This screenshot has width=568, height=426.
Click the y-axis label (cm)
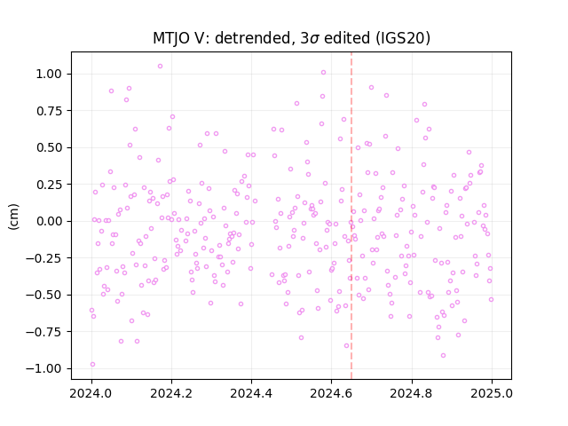coord(13,217)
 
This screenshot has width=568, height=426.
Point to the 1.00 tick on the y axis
coord(49,74)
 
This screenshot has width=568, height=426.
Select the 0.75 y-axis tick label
coord(49,111)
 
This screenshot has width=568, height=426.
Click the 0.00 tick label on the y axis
coord(49,221)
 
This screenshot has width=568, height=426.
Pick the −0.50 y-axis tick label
coord(43,295)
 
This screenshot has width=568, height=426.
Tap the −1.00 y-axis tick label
coord(43,368)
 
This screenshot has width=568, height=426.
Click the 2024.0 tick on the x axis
coord(91,393)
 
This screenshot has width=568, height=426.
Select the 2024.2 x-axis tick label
coord(171,393)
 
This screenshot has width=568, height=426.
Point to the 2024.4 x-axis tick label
coord(251,393)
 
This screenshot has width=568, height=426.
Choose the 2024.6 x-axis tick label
coord(331,393)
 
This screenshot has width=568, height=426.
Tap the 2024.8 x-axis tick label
coord(411,393)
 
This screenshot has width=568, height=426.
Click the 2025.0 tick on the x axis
coord(492,393)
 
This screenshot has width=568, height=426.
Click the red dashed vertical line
coord(351,216)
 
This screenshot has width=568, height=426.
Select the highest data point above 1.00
coord(160,66)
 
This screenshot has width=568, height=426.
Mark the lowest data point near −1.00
coord(92,365)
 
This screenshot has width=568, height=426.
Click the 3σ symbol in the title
coord(310,38)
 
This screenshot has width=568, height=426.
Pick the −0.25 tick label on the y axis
coord(43,258)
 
